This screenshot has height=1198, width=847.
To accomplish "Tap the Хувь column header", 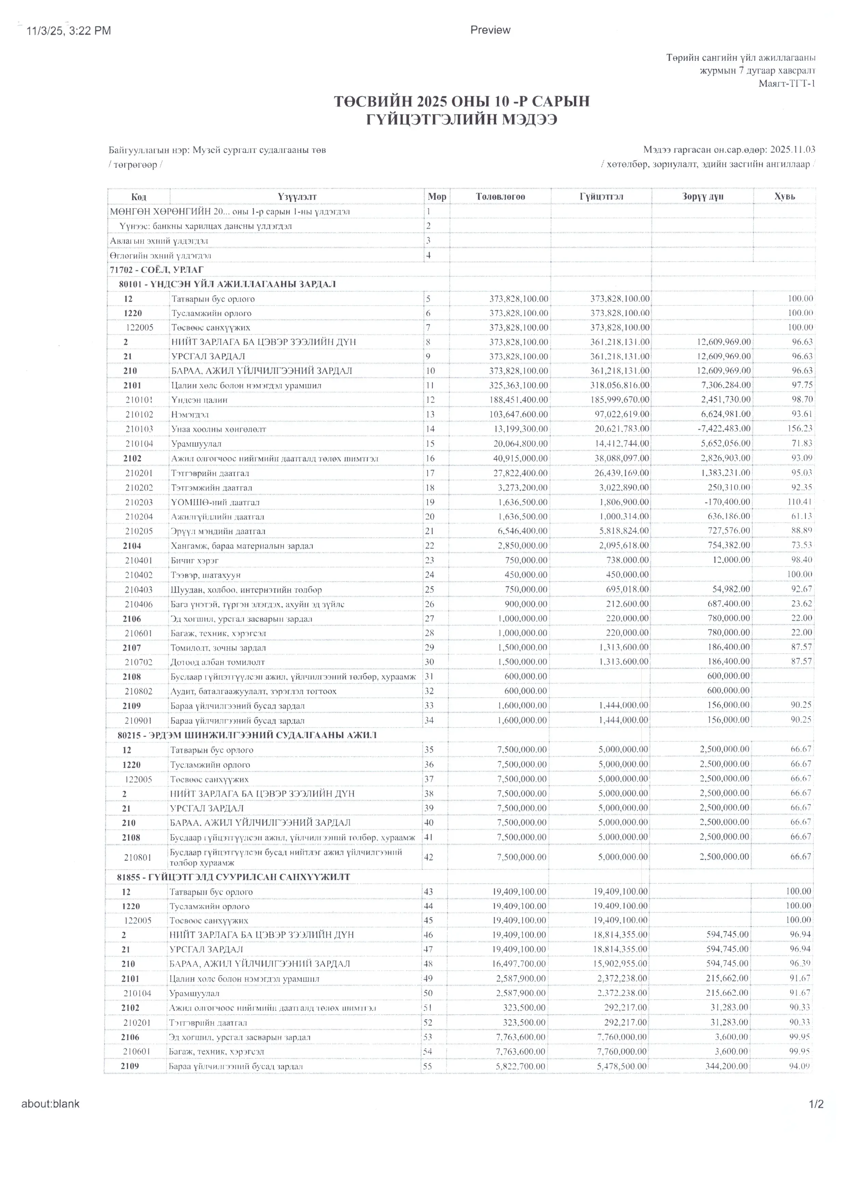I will [784, 197].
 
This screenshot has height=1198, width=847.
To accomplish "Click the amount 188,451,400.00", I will [519, 400].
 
